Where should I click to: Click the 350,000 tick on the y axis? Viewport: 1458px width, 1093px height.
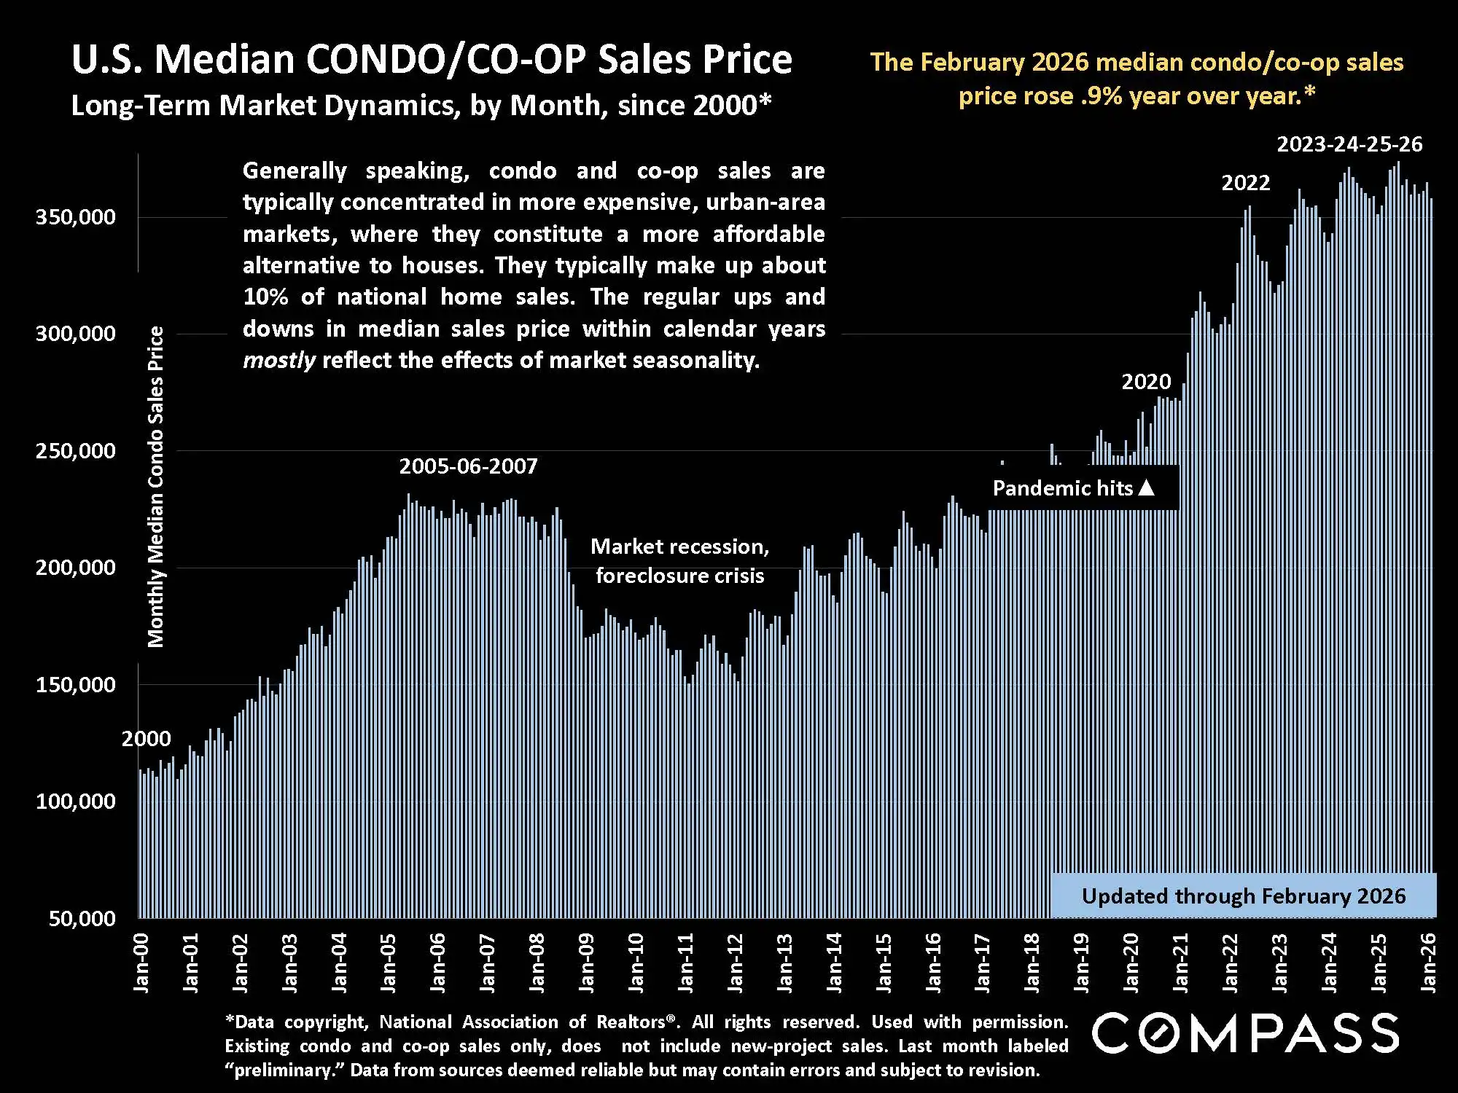(x=75, y=217)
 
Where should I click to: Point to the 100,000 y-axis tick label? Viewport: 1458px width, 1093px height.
(x=75, y=802)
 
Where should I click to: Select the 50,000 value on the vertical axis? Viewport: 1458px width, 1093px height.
(x=82, y=919)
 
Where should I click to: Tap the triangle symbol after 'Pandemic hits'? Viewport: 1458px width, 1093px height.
(x=1147, y=487)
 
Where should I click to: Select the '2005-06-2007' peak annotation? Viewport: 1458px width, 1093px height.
(x=468, y=466)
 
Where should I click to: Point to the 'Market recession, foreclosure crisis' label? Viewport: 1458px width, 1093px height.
(x=679, y=561)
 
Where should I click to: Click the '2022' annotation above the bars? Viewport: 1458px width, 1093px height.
(x=1245, y=182)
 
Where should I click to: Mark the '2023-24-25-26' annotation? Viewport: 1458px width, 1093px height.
(x=1349, y=144)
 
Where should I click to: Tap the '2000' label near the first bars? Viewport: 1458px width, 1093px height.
(x=146, y=739)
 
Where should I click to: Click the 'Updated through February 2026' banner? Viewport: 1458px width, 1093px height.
(x=1243, y=896)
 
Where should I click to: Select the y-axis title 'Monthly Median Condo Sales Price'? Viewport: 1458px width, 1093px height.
(x=156, y=487)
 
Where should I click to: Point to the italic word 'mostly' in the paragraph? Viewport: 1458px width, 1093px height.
(x=278, y=361)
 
